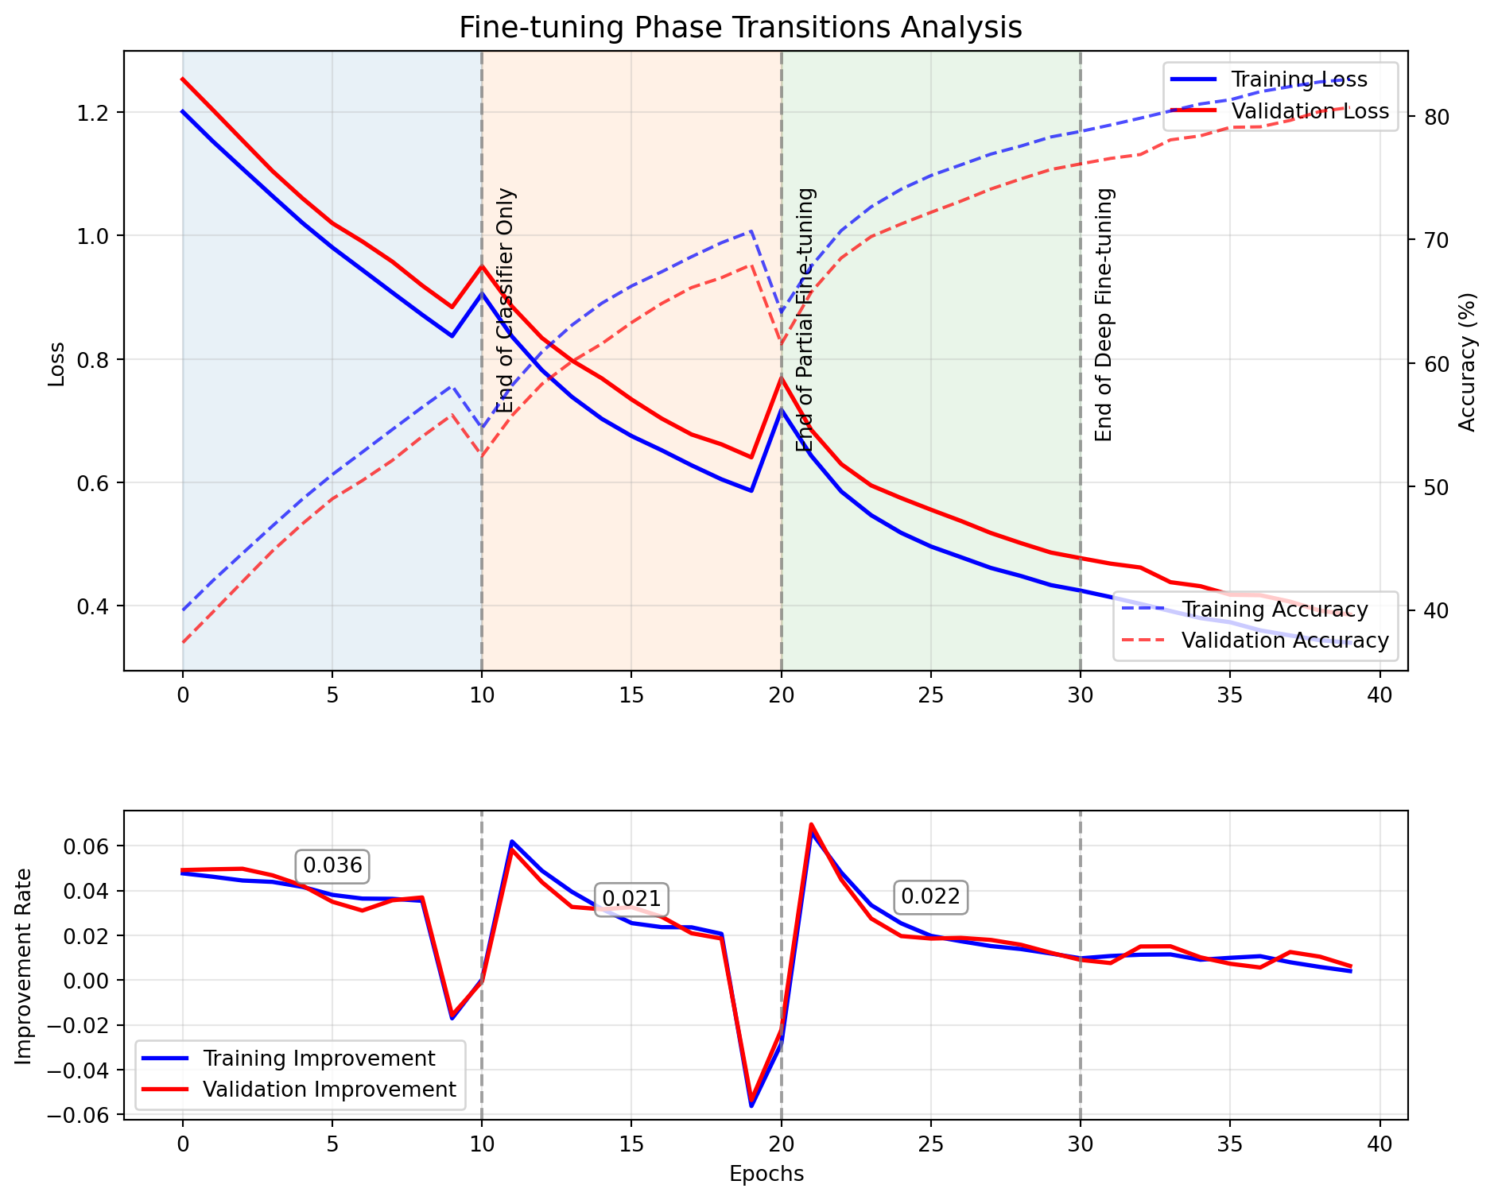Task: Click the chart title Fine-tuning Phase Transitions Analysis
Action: click(x=740, y=28)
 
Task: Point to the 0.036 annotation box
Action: click(x=332, y=865)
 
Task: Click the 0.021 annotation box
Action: click(x=631, y=899)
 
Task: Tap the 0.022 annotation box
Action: click(x=930, y=897)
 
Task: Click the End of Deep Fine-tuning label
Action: click(x=1104, y=315)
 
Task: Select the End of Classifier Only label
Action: click(x=506, y=300)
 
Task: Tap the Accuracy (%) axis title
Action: click(x=1468, y=362)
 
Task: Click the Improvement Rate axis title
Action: click(x=24, y=966)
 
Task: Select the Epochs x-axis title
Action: click(x=766, y=1174)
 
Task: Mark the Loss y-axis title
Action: click(x=56, y=363)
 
